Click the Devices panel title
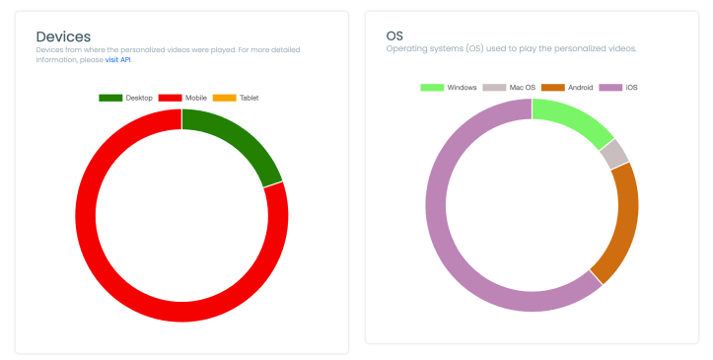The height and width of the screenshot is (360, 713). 63,36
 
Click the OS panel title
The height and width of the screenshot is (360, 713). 394,36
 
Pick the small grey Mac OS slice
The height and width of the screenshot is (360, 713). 615,153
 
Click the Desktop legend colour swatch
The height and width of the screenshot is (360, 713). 110,98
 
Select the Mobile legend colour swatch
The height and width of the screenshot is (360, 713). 170,98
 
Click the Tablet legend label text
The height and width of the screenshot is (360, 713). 249,98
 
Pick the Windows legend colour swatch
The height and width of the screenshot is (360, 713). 432,88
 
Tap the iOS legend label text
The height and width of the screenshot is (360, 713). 631,88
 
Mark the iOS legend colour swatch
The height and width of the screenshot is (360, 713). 609,88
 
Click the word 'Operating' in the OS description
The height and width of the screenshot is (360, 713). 405,48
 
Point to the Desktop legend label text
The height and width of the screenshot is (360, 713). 139,98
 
